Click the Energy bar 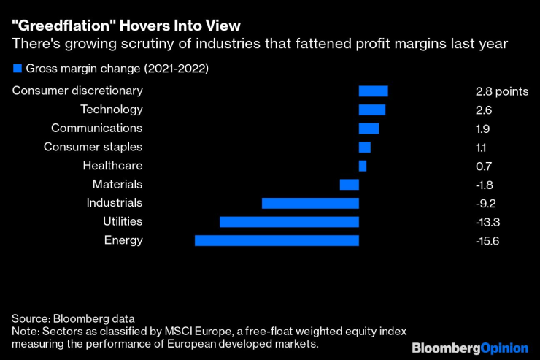277,240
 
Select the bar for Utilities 289,221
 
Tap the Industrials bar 310,203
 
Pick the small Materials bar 350,185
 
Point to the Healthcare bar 363,166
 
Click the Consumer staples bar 365,148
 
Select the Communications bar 369,129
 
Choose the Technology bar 372,110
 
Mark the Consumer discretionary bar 374,91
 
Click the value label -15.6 487,240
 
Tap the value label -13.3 487,221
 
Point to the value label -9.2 485,203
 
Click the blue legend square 18,69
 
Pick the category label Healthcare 112,166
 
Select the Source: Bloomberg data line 73,319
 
